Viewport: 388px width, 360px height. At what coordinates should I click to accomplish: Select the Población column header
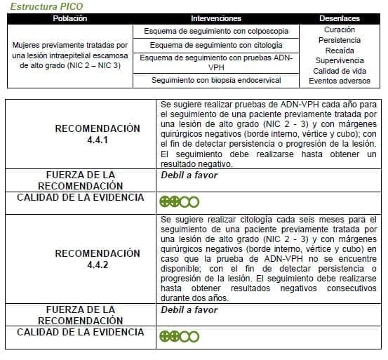pyautogui.click(x=69, y=18)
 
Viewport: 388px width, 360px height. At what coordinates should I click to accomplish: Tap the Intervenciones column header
pyautogui.click(x=215, y=18)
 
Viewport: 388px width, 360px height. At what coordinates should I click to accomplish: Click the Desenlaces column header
pyautogui.click(x=340, y=18)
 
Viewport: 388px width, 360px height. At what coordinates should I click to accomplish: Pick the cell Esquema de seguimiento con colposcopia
pyautogui.click(x=215, y=32)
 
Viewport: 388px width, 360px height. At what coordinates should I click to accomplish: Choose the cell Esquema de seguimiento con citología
pyautogui.click(x=215, y=45)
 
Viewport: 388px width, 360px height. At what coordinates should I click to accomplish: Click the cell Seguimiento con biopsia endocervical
pyautogui.click(x=215, y=81)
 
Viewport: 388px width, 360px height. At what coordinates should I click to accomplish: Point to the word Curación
pyautogui.click(x=340, y=30)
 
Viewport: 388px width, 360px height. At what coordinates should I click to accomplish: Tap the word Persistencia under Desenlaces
pyautogui.click(x=340, y=41)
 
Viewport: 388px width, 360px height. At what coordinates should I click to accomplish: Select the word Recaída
pyautogui.click(x=340, y=51)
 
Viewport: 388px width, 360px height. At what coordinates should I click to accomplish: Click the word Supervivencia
pyautogui.click(x=340, y=61)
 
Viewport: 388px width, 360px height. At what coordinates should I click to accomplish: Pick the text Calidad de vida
pyautogui.click(x=340, y=71)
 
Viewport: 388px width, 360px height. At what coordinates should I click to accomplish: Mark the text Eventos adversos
pyautogui.click(x=340, y=81)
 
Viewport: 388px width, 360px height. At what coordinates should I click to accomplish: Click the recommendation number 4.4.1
pyautogui.click(x=98, y=140)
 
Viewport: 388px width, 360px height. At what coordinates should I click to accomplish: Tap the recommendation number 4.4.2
pyautogui.click(x=98, y=265)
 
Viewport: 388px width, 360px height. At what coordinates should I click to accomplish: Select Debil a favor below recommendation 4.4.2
pyautogui.click(x=189, y=310)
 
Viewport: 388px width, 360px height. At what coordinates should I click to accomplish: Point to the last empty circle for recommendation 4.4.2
pyautogui.click(x=194, y=336)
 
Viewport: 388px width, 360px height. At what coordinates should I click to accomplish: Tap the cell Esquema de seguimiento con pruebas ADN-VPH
pyautogui.click(x=215, y=62)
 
